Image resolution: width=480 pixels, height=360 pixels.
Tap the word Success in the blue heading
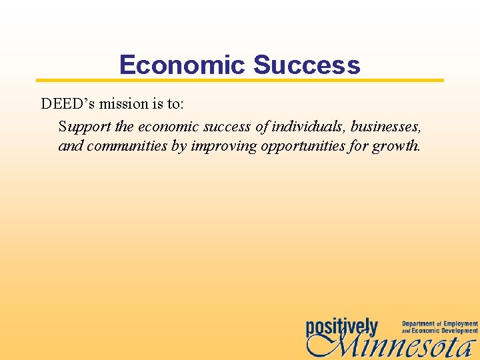click(307, 65)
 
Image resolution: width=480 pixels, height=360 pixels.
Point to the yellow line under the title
click(240, 80)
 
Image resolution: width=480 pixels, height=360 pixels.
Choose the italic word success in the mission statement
click(226, 126)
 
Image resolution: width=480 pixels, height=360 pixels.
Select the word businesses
click(386, 126)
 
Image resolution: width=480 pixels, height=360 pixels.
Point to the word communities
click(126, 146)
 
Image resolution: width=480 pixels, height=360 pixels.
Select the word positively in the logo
click(342, 327)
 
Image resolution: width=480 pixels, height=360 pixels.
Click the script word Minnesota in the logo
click(393, 346)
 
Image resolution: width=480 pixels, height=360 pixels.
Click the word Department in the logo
click(418, 324)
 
